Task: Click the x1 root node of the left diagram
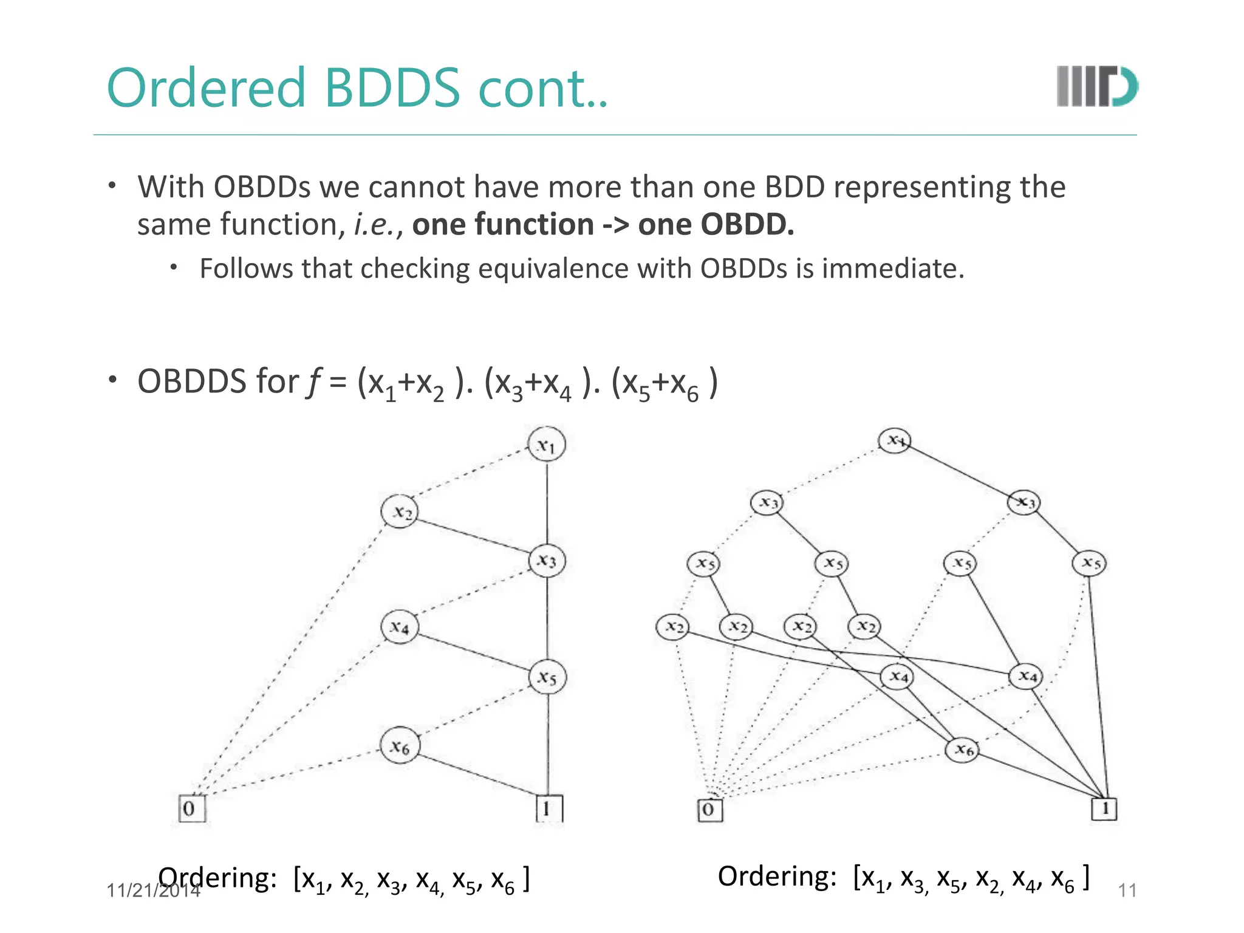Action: point(547,445)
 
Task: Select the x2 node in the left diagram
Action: point(400,512)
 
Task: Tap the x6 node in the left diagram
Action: point(400,745)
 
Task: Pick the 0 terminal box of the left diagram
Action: point(192,808)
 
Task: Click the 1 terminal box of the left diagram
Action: point(549,808)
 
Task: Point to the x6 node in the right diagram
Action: point(963,750)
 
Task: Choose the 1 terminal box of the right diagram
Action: point(1104,809)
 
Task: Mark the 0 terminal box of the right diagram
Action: point(709,810)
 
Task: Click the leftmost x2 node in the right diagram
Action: point(672,626)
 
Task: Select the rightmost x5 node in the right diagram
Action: point(1090,563)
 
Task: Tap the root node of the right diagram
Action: point(895,440)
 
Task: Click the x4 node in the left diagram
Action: point(400,626)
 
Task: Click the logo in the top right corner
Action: point(1096,87)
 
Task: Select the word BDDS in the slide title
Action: point(392,88)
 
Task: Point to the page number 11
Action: point(1127,890)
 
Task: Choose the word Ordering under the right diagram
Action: point(777,877)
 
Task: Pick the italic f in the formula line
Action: point(314,382)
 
